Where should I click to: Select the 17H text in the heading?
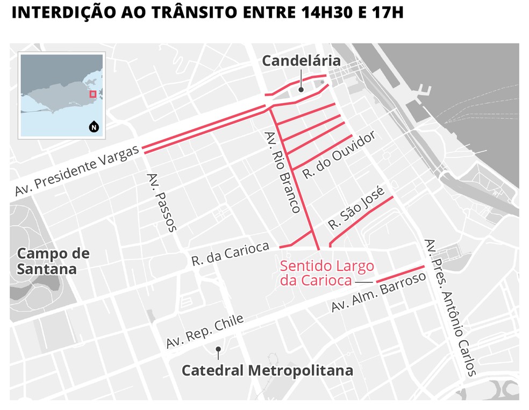tap(387, 12)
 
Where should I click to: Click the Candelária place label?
tap(301, 61)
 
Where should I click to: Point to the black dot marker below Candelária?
tap(302, 90)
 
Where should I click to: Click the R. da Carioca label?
tap(230, 254)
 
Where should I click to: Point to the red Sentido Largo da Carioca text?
tap(326, 273)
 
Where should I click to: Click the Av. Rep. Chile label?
tap(205, 330)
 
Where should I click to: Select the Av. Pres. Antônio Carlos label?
tap(451, 307)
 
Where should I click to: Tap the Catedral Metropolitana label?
tap(267, 370)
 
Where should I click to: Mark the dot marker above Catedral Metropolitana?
tap(218, 349)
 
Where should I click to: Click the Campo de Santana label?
tap(53, 261)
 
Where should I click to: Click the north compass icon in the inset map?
tap(94, 127)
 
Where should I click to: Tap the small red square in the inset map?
tap(93, 94)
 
